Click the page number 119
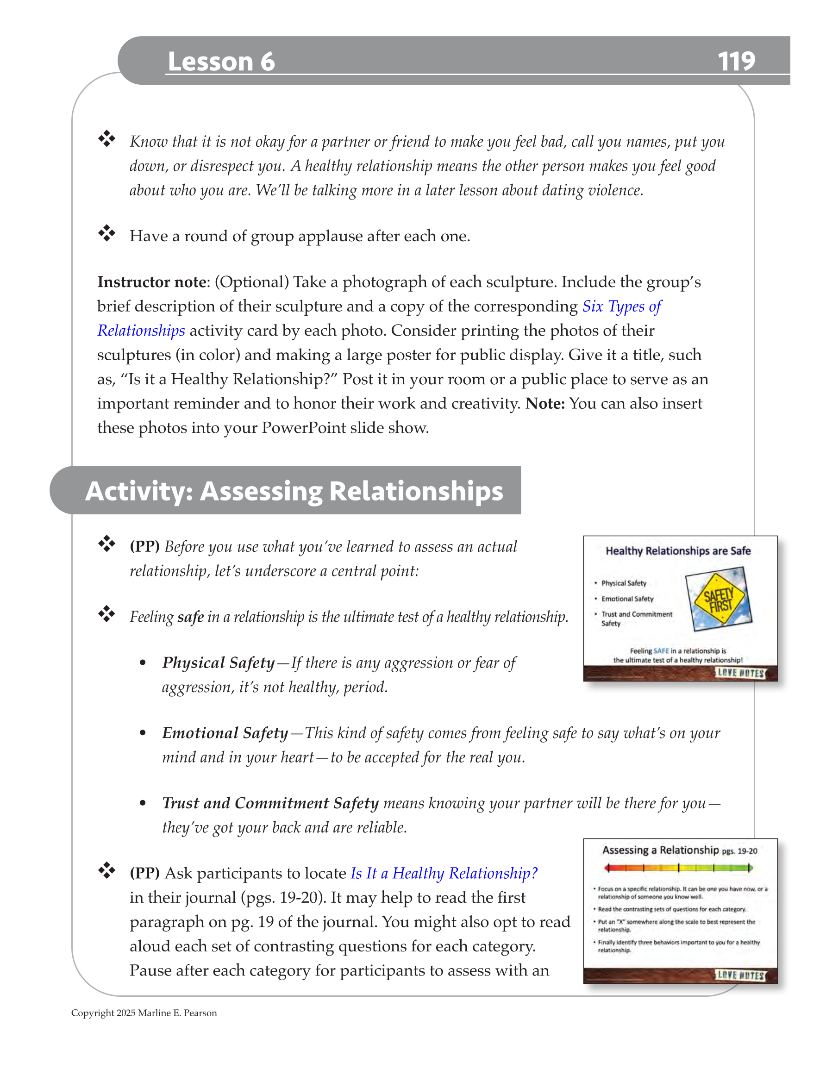(x=736, y=61)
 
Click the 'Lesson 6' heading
(x=221, y=62)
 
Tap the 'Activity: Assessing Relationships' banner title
(x=294, y=491)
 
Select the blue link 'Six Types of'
(x=621, y=306)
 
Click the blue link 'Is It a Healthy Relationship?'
(x=444, y=873)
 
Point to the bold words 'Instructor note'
(x=151, y=282)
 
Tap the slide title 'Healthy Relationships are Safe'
(x=678, y=551)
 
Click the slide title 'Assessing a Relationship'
(x=660, y=850)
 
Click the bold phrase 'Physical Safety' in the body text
(x=219, y=663)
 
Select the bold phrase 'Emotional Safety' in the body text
(x=225, y=733)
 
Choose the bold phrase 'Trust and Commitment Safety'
(x=270, y=803)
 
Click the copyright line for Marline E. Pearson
(x=144, y=1013)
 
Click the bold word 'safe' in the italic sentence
(x=190, y=617)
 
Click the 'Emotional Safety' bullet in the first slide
(x=627, y=599)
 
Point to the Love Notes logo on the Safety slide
(x=740, y=673)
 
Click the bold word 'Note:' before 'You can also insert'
(x=545, y=403)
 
